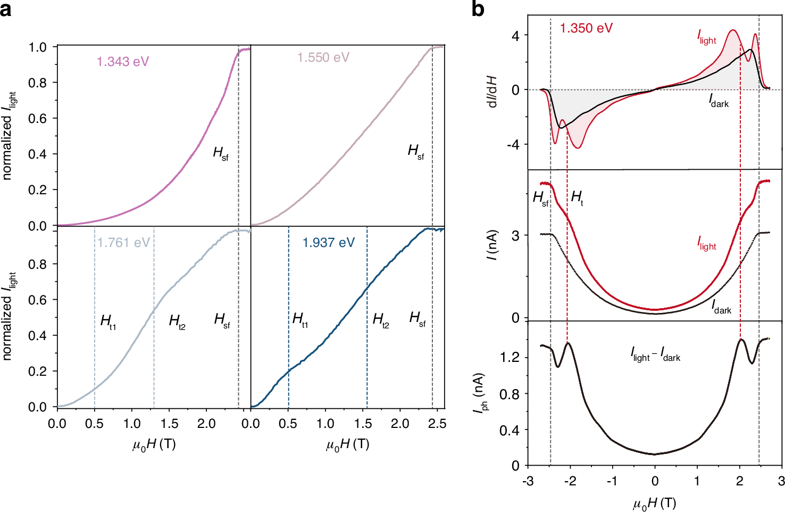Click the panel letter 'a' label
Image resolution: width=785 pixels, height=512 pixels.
pos(6,9)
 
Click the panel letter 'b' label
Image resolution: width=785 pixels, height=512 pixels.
pos(478,9)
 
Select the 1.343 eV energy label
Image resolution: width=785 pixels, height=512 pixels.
pos(123,62)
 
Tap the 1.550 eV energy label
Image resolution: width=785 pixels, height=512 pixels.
pos(323,57)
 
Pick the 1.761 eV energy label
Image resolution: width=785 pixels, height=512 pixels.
pos(124,243)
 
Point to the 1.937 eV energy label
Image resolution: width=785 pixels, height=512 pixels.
pos(329,243)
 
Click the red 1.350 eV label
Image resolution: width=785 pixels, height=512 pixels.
pos(586,28)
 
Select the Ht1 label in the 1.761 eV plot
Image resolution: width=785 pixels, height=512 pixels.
pos(108,321)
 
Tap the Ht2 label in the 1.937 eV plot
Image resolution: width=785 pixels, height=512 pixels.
pos(381,320)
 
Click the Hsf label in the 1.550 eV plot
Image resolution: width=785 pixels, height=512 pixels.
pos(416,152)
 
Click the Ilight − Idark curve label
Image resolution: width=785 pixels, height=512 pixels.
pos(655,354)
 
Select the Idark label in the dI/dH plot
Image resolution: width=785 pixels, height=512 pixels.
pos(719,100)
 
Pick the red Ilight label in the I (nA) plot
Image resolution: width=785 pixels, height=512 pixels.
pos(707,243)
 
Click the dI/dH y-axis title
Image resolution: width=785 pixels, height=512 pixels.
pos(492,91)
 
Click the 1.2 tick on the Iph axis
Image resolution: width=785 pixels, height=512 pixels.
pos(510,358)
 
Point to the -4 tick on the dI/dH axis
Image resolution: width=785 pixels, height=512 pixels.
pos(512,145)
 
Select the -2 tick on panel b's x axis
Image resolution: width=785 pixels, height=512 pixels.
pos(570,481)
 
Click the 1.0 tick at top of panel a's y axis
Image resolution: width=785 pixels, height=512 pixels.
pos(37,47)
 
